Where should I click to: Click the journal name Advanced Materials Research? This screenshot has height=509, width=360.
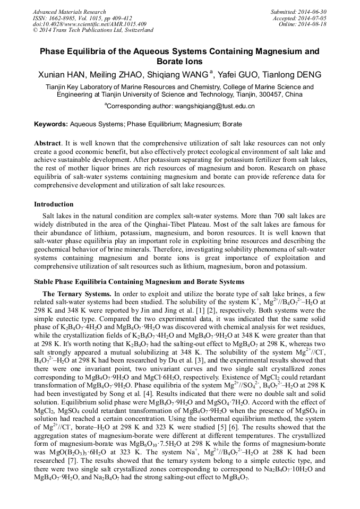click(68, 11)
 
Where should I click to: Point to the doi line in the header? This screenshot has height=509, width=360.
click(90, 24)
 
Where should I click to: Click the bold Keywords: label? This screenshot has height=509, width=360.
click(51, 124)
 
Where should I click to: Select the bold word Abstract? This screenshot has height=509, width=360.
click(47, 143)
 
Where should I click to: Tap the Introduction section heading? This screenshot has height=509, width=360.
click(54, 204)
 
